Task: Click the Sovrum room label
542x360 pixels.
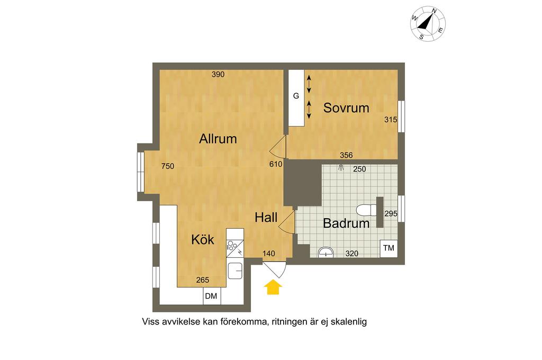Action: tap(346, 108)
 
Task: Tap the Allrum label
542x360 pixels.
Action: tap(218, 139)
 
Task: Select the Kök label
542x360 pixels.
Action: tap(203, 239)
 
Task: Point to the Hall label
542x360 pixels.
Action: tap(266, 218)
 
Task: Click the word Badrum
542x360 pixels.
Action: tap(346, 223)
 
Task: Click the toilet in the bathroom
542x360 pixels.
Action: tap(366, 210)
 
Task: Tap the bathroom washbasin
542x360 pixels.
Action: tap(326, 252)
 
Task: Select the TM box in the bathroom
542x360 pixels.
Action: tap(389, 248)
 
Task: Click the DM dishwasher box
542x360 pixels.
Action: tap(212, 296)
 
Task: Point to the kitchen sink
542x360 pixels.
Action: tap(235, 271)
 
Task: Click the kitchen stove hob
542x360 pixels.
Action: tap(235, 248)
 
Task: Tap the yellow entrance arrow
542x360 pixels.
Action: tap(273, 287)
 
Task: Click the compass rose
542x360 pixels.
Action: tap(428, 24)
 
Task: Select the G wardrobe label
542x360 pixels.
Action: tap(296, 96)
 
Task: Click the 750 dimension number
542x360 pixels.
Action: tap(168, 166)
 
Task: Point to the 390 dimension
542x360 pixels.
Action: tap(218, 74)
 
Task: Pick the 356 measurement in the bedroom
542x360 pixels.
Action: tap(346, 155)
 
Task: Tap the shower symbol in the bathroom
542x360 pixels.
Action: tap(341, 168)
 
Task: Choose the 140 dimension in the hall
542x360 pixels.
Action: tap(268, 254)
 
